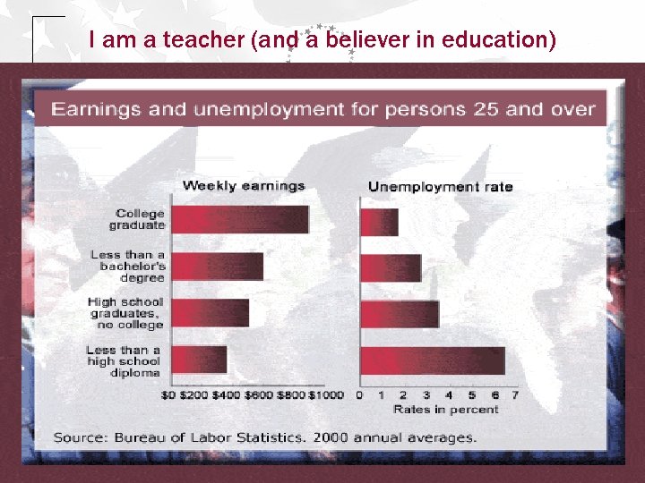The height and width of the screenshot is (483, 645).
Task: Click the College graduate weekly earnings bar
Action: (239, 219)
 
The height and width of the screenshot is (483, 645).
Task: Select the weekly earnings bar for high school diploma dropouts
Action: (198, 360)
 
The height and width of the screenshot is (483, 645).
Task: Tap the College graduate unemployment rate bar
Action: (379, 222)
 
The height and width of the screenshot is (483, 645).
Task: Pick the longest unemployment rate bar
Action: (433, 360)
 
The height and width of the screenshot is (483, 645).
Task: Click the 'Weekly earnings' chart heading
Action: (244, 186)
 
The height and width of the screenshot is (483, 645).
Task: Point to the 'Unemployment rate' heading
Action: (441, 186)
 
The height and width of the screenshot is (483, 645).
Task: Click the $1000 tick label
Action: (327, 394)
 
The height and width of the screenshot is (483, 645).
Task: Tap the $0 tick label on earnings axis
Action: (168, 394)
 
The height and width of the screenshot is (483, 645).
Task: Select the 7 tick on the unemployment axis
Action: (515, 394)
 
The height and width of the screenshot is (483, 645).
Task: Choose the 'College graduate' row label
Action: (140, 219)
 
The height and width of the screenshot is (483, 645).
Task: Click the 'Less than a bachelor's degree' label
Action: (128, 266)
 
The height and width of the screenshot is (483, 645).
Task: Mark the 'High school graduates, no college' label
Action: (125, 313)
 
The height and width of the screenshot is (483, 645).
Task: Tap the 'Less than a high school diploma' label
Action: (124, 360)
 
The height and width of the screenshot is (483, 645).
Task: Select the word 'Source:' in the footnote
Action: (76, 437)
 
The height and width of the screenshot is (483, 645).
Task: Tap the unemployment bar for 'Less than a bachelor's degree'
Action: (391, 267)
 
